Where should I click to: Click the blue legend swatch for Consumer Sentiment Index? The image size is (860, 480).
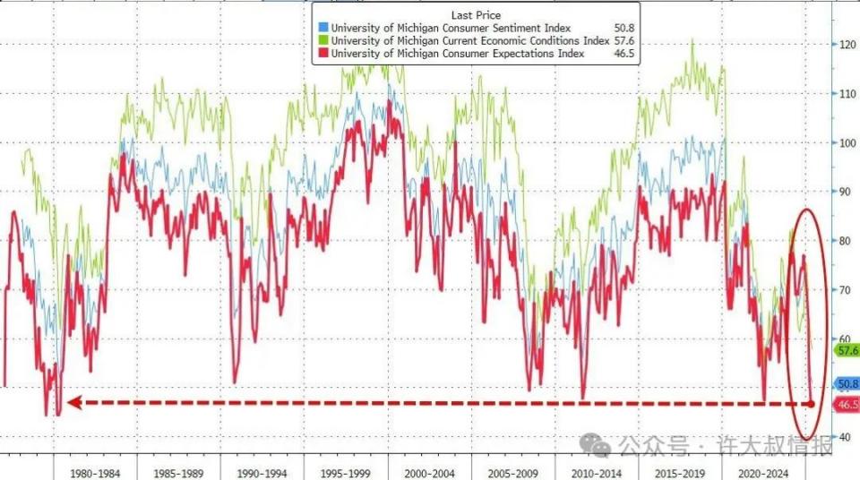[322, 27]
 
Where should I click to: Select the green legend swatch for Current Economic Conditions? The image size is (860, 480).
[322, 40]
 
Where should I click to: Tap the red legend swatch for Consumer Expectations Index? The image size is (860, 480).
[322, 54]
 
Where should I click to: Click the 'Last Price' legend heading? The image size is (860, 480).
[476, 14]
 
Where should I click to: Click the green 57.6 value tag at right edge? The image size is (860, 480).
[845, 350]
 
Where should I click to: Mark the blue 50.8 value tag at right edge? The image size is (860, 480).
[845, 384]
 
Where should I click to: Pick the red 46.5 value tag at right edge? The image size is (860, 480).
[845, 405]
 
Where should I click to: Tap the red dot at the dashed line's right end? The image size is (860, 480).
[812, 404]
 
